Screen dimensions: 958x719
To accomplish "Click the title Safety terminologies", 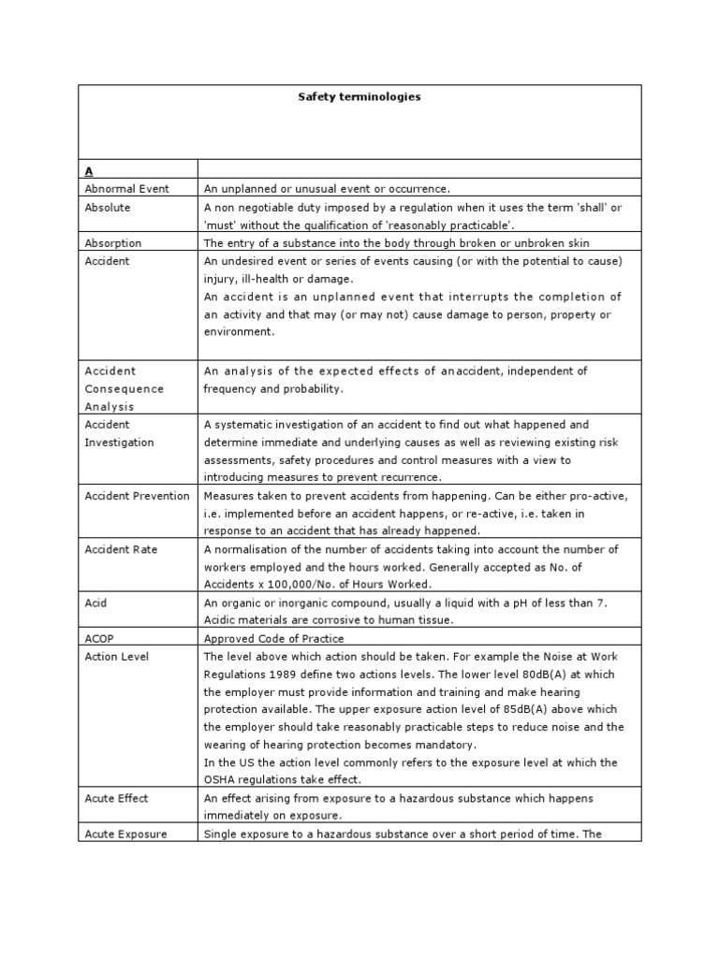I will (x=359, y=97).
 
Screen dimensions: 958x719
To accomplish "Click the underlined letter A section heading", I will (x=90, y=171).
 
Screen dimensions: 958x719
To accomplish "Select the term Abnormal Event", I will (x=127, y=189).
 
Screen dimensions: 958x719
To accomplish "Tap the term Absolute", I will (x=108, y=208).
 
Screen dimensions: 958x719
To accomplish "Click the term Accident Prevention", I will (x=137, y=496).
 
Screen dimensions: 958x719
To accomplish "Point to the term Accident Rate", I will (x=121, y=549).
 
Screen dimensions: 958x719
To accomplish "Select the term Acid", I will (x=96, y=602).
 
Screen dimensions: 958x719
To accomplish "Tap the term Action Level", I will (x=117, y=656).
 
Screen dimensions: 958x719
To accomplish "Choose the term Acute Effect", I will (x=117, y=798).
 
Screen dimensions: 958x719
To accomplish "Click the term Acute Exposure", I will (x=125, y=834).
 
